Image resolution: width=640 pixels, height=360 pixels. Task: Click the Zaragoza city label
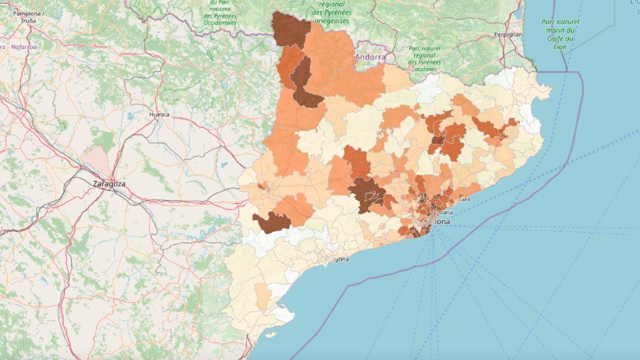click(x=109, y=184)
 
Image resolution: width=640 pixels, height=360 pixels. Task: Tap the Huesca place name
click(x=159, y=115)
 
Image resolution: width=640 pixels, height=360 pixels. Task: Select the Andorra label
click(x=370, y=57)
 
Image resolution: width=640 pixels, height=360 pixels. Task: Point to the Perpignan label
click(x=507, y=34)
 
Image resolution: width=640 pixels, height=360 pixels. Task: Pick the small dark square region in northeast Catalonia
click(x=438, y=141)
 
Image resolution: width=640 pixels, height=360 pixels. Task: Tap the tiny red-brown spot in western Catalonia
click(x=261, y=186)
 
